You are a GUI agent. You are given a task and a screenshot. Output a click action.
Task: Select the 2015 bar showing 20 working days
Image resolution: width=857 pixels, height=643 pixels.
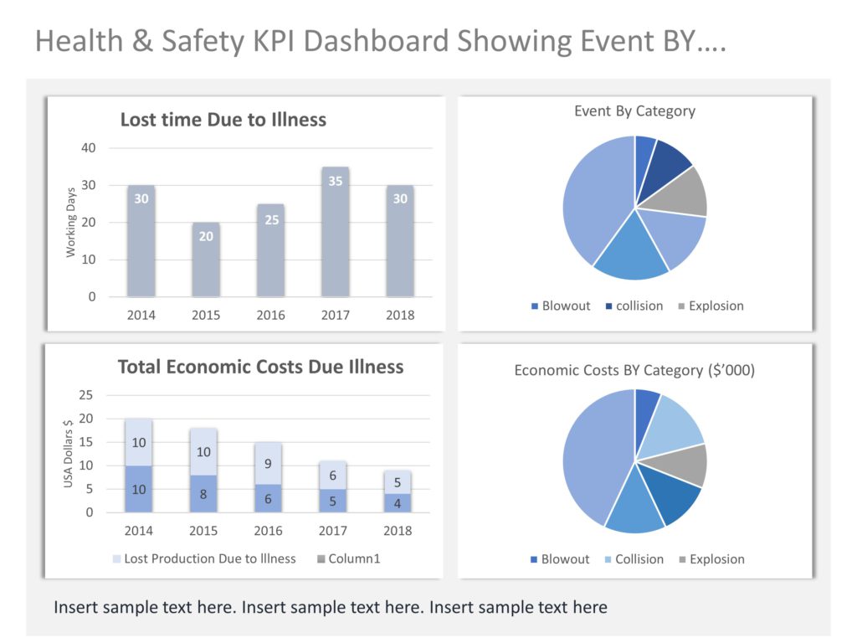pyautogui.click(x=206, y=260)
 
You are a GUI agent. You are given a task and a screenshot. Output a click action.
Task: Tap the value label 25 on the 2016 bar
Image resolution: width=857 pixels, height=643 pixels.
pyautogui.click(x=271, y=220)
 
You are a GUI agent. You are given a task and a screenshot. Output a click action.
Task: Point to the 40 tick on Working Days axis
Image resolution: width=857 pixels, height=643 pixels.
pyautogui.click(x=89, y=148)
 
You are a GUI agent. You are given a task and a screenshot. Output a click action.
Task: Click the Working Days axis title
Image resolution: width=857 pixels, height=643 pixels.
pyautogui.click(x=71, y=222)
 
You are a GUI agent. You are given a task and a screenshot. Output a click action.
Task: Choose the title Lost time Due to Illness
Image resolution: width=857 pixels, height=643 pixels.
pyautogui.click(x=223, y=120)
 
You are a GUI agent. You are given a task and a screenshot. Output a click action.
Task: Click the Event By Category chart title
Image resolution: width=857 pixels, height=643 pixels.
pyautogui.click(x=634, y=111)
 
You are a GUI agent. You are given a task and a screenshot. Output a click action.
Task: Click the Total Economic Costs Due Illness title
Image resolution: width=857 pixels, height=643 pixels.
pyautogui.click(x=260, y=367)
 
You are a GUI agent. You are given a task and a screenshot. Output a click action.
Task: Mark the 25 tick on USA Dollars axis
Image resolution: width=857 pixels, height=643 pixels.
pyautogui.click(x=87, y=395)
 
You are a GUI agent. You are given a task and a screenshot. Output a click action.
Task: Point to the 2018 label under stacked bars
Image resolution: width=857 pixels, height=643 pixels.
pyautogui.click(x=398, y=530)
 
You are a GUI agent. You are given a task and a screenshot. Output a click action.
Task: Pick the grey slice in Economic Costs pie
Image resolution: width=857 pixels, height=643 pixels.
pyautogui.click(x=688, y=465)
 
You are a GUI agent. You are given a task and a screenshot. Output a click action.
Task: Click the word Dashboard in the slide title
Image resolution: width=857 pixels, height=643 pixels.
pyautogui.click(x=366, y=41)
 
